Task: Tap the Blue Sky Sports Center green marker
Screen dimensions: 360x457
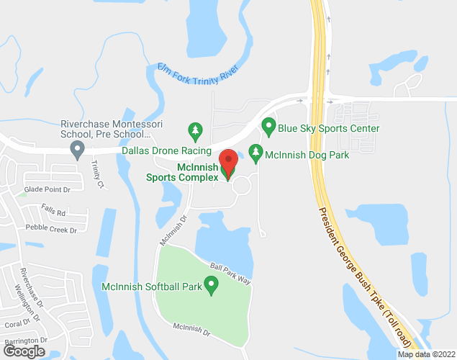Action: point(268,127)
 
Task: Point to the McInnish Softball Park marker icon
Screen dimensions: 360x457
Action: point(212,287)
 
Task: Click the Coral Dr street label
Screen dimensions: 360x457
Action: point(15,323)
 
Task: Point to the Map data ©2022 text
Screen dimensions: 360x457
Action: point(425,354)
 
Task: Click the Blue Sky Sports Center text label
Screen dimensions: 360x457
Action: point(329,128)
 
